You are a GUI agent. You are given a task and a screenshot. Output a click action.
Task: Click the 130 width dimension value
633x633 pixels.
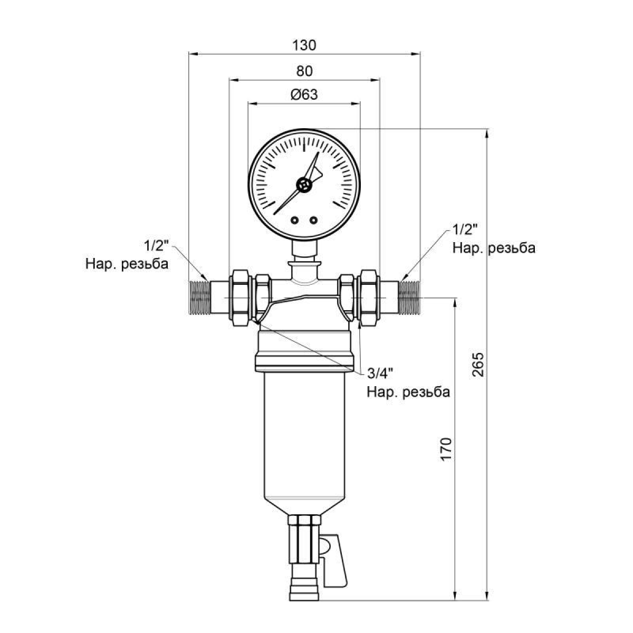(x=304, y=45)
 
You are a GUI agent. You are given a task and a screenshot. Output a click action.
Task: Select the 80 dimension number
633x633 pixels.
(x=304, y=71)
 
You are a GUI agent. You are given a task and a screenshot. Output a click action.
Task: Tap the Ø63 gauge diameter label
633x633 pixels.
(x=304, y=94)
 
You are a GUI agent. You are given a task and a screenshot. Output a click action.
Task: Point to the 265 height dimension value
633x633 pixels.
(x=478, y=365)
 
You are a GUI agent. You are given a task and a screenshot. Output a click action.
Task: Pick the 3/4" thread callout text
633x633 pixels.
(x=380, y=373)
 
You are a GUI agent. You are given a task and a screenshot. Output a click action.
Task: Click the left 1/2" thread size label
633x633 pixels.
(x=156, y=245)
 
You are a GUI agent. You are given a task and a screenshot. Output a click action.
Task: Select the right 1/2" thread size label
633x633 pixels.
(x=465, y=229)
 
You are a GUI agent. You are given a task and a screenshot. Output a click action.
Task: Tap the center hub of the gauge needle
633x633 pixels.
(x=304, y=185)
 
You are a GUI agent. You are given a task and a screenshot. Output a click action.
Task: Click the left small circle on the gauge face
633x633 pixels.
(x=295, y=220)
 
